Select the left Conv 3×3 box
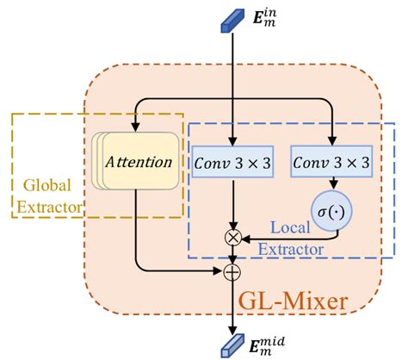click(x=232, y=161)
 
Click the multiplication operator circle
click(x=232, y=236)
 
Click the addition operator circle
click(x=232, y=271)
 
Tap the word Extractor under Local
click(x=291, y=250)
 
